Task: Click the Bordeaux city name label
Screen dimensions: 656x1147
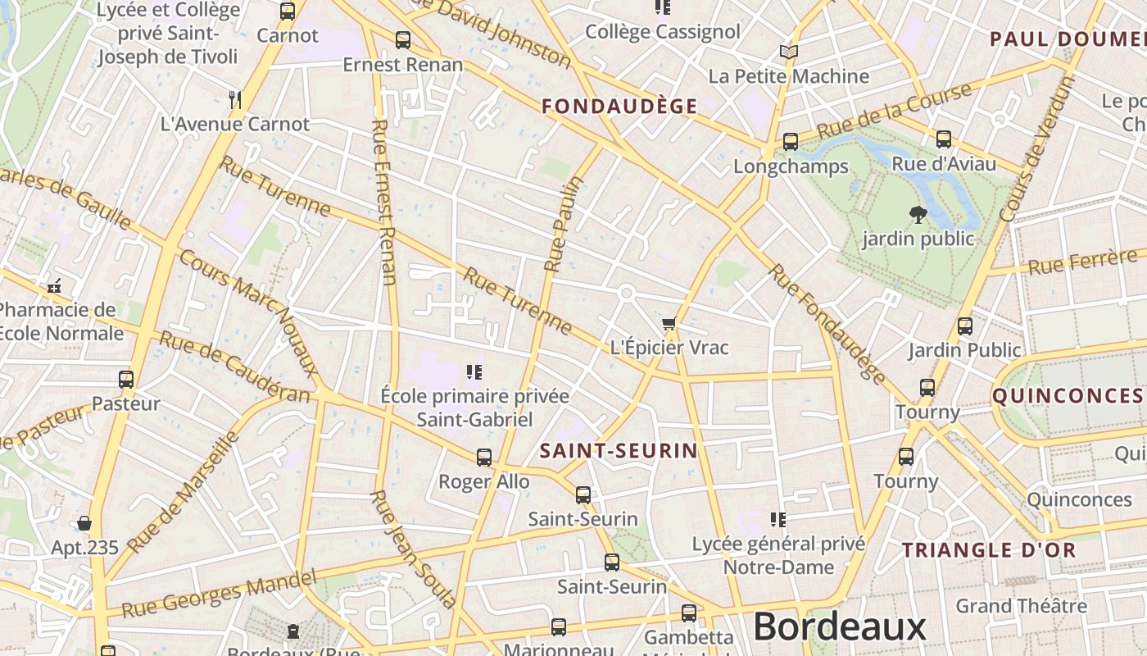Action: [x=839, y=627]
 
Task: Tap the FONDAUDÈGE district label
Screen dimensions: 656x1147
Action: [x=619, y=106]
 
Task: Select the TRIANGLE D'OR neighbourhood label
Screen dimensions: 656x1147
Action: [x=989, y=549]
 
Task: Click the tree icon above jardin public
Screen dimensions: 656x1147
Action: [x=918, y=215]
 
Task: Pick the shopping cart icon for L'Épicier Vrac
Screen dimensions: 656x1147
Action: [x=669, y=325]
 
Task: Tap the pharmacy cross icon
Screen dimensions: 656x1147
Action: [x=55, y=288]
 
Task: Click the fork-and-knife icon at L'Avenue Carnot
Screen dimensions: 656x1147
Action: [x=235, y=100]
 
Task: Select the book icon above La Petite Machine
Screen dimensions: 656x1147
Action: [x=788, y=52]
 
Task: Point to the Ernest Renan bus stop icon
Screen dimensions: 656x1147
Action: [x=402, y=39]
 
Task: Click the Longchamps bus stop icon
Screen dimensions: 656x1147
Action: [x=790, y=142]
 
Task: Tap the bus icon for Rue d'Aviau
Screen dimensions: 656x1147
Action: [x=944, y=139]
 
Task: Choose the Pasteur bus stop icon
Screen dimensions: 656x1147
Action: [x=125, y=380]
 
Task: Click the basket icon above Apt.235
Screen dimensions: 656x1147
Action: [x=84, y=523]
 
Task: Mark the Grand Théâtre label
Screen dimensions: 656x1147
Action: [x=1021, y=606]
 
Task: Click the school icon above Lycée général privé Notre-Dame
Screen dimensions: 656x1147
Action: [x=778, y=519]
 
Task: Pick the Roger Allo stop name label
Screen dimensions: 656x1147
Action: [x=483, y=481]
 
